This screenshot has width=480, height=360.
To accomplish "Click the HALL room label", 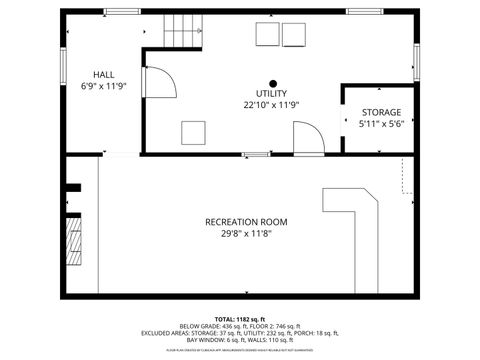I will point(103,75).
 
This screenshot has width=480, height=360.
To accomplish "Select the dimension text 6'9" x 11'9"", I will point(103,87).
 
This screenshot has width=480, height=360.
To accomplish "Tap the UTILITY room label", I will point(271,93).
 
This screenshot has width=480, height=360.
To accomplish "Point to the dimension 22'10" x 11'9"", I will point(271,105).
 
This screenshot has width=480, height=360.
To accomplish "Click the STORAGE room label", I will point(380,113).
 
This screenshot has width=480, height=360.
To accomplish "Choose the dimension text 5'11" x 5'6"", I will point(380,125).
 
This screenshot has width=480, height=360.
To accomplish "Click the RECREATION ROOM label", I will point(246,222).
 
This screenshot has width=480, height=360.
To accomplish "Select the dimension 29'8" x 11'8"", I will point(246,234).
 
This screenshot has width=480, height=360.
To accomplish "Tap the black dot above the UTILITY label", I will point(271,82).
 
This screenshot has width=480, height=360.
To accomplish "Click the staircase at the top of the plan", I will point(177,29).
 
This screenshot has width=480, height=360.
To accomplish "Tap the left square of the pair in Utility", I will point(267,35).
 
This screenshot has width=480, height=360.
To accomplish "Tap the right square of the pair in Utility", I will point(294,35).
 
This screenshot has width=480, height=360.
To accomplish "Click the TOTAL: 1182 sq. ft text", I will point(240,318).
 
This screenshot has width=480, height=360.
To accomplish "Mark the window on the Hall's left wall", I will point(63,66).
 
